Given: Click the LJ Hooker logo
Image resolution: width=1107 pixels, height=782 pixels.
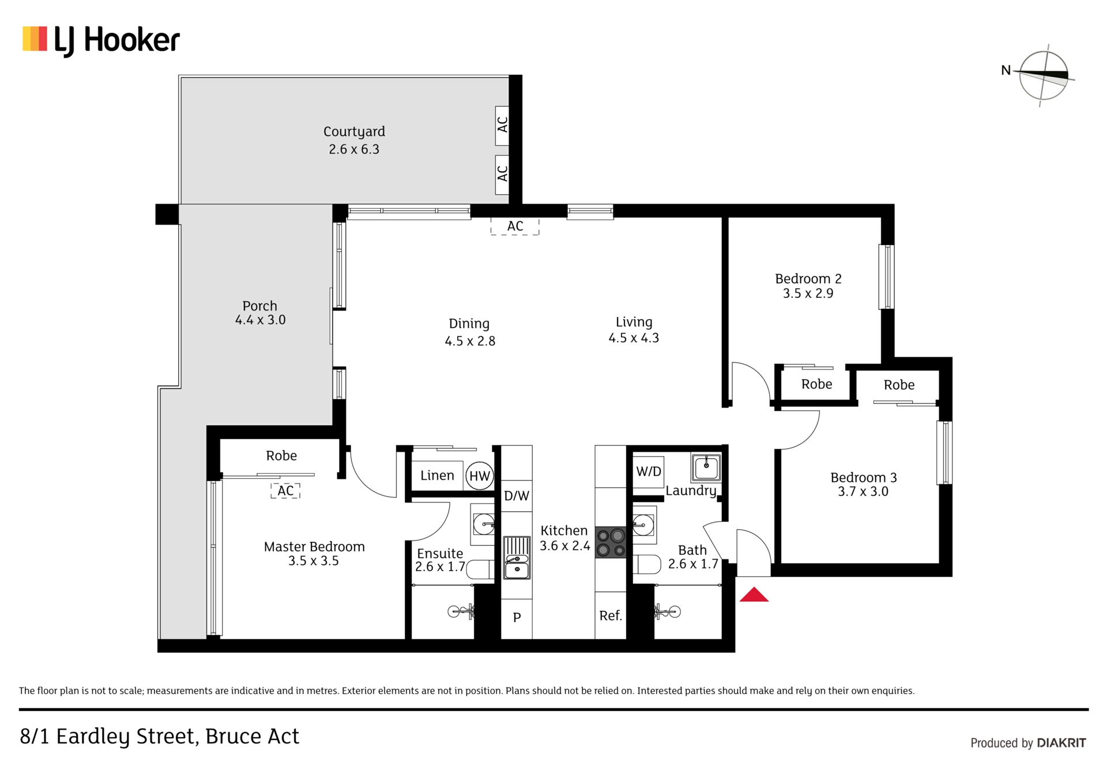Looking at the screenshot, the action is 101,41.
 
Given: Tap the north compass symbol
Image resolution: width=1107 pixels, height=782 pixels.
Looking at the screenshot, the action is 1043,75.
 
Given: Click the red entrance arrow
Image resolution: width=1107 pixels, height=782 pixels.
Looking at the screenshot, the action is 754,594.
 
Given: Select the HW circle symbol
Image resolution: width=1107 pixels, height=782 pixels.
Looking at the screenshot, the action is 480,476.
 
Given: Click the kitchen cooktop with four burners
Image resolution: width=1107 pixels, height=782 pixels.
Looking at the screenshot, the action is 611,542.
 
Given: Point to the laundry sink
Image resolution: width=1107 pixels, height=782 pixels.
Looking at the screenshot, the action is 706,468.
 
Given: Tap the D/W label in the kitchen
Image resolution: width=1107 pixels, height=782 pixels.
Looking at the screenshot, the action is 517,496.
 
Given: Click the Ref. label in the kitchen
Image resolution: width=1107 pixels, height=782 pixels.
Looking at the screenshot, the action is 611,615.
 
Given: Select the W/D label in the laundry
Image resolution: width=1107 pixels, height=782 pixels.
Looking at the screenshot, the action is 649,471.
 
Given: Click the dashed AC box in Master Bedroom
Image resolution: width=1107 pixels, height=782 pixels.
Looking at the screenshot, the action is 285,490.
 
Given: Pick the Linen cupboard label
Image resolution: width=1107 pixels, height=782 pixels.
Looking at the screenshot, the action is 437,475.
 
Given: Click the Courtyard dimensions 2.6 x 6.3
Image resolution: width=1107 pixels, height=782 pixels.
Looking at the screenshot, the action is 354,149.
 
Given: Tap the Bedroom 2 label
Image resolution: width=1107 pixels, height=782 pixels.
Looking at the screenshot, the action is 808,279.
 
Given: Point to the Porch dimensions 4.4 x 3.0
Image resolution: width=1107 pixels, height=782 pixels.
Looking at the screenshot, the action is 260,320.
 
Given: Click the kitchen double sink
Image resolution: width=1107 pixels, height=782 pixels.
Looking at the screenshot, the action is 517,557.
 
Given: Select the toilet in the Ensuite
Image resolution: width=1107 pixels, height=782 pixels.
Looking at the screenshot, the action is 480,569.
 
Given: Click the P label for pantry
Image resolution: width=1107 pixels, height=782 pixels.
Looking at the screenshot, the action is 517,617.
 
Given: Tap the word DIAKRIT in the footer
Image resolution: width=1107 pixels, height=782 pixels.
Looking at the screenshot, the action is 1061,743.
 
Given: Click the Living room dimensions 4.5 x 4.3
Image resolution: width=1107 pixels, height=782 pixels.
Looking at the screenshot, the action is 634,338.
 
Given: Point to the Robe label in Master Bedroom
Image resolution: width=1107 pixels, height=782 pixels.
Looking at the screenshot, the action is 281,456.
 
